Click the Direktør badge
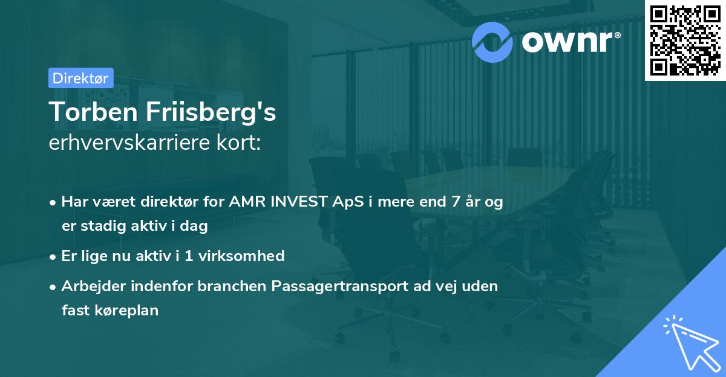(x=80, y=78)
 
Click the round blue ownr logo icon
(x=492, y=40)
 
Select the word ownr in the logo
(x=569, y=40)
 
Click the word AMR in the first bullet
(x=246, y=202)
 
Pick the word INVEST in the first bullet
(x=295, y=202)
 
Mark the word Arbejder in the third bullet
(x=89, y=286)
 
